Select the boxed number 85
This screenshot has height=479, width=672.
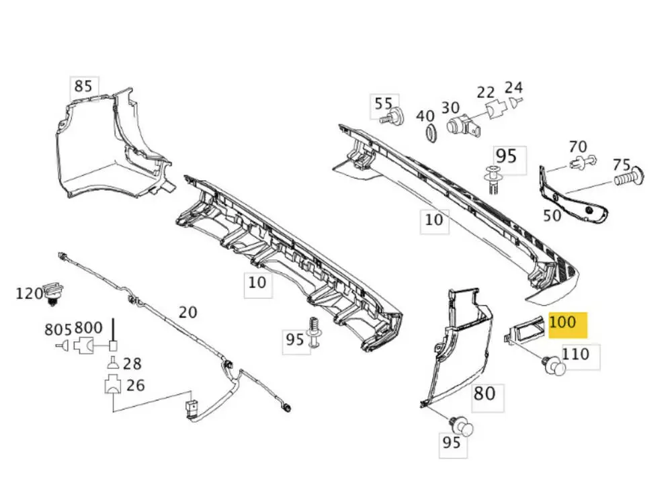coord(83,87)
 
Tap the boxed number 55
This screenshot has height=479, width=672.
coord(383,103)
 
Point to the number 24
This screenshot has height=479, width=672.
coord(513,87)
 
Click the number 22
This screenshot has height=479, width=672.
coord(486,92)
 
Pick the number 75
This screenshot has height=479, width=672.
coord(622,165)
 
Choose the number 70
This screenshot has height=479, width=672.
coord(577,146)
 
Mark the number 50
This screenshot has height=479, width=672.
coord(552,215)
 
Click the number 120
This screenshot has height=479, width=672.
coord(29,293)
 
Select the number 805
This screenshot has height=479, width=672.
coord(58,329)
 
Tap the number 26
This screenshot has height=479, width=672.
coord(135,386)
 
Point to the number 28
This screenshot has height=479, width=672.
coord(132,364)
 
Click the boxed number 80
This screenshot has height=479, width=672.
coord(485,393)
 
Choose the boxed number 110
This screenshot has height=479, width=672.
coord(575,354)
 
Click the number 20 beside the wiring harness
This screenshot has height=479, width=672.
coord(188,312)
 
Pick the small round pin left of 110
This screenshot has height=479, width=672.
coord(552,366)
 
